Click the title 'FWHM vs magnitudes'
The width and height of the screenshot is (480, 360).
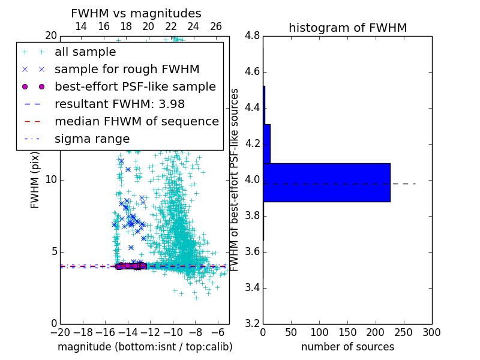(136, 14)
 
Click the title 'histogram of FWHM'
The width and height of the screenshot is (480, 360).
(347, 28)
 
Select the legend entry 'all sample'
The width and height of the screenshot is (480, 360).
(85, 52)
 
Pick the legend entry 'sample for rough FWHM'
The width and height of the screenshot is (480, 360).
(127, 69)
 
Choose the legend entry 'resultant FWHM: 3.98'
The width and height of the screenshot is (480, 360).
(119, 104)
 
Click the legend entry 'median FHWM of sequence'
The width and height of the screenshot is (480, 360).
(136, 121)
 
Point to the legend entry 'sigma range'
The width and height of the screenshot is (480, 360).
(92, 139)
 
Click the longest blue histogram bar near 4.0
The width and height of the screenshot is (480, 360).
(326, 182)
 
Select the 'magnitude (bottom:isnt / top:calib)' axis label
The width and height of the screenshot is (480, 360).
(145, 347)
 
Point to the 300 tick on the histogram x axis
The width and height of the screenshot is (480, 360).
(431, 332)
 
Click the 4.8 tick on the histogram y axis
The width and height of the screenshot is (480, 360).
(252, 36)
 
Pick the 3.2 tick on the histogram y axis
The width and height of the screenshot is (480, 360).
(252, 323)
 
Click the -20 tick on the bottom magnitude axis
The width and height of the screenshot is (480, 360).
(60, 332)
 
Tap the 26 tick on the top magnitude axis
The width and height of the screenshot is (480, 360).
(216, 26)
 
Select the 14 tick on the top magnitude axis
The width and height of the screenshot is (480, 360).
(80, 26)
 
